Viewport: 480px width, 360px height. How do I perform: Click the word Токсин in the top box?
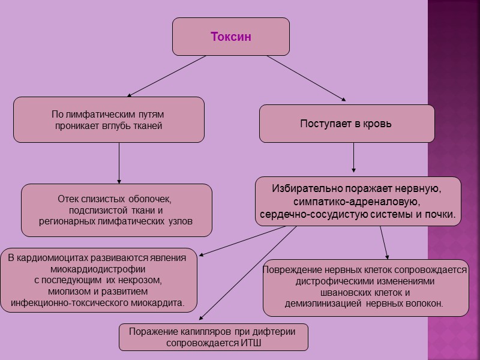pos(230,37)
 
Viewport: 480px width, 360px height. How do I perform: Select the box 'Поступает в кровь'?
pos(346,124)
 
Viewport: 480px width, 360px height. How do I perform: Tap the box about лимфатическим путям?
pos(109,119)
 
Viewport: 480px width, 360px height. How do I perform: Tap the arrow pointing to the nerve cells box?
pos(384,242)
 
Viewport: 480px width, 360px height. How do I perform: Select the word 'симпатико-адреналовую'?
pos(356,202)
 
